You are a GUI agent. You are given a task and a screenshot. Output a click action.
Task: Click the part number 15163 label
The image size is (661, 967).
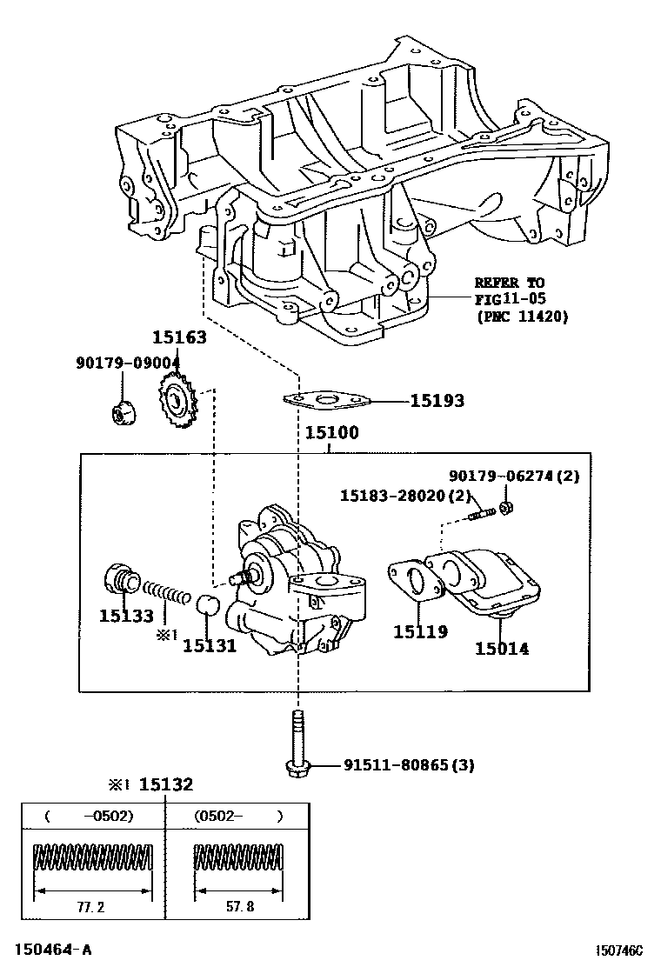click(179, 338)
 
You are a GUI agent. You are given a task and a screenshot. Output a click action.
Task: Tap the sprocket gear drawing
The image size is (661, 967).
click(178, 402)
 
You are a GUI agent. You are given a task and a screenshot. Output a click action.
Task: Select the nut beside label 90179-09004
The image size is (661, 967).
click(122, 415)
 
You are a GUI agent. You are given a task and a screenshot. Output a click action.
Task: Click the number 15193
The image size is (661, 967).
click(437, 401)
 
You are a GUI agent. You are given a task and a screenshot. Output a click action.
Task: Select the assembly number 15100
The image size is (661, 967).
click(331, 432)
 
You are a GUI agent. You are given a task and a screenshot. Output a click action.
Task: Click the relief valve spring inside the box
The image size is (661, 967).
click(168, 595)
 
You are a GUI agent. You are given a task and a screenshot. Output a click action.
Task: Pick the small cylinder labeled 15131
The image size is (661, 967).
click(208, 606)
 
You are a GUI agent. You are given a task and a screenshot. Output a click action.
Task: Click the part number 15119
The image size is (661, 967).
click(420, 632)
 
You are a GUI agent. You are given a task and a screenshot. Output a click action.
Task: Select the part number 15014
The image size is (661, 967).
click(501, 648)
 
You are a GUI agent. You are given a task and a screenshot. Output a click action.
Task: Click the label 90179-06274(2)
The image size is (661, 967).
click(514, 476)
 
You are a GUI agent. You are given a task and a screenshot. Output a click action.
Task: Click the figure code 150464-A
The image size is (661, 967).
click(49, 950)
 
